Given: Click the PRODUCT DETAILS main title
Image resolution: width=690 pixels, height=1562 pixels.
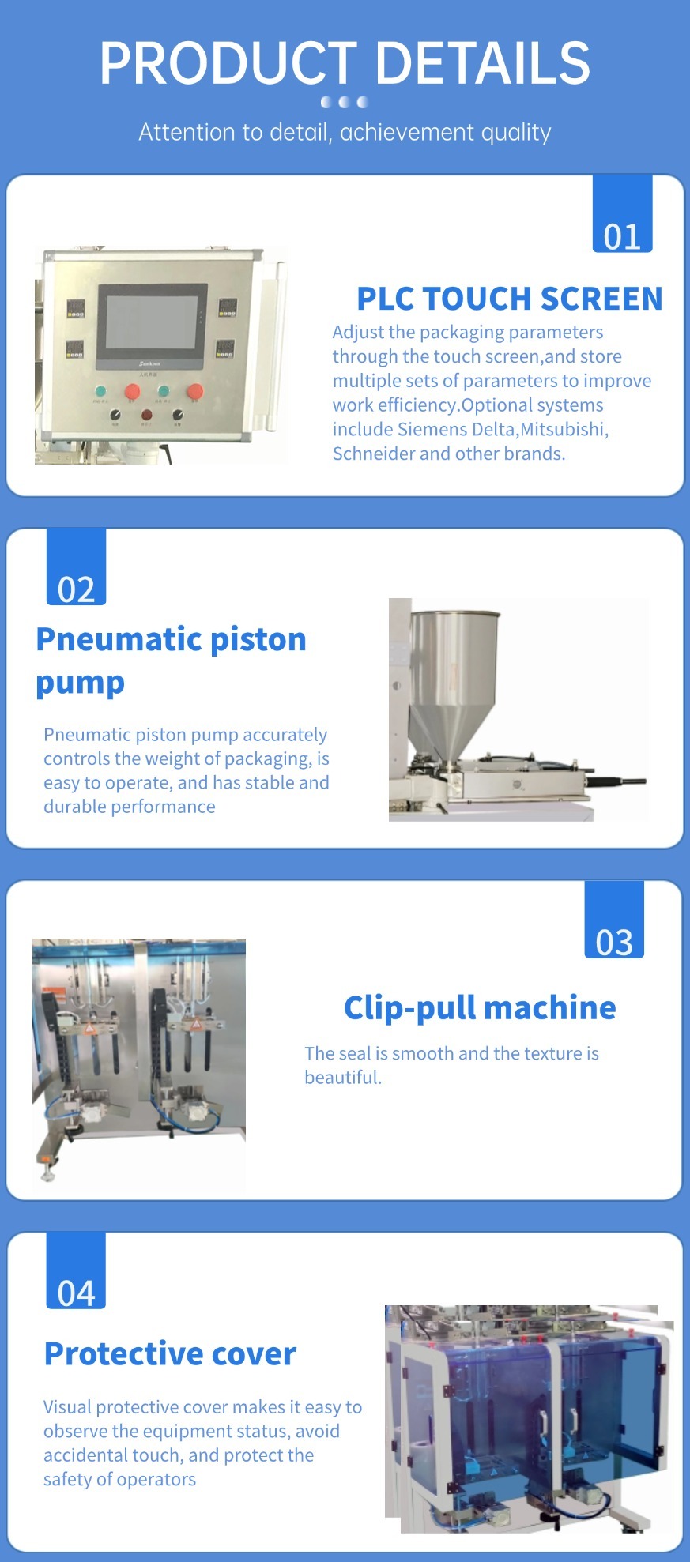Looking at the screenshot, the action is [345, 63].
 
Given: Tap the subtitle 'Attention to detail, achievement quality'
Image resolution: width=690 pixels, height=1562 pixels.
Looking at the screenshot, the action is [345, 132].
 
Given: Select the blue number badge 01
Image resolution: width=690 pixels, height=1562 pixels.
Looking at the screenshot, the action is [622, 213].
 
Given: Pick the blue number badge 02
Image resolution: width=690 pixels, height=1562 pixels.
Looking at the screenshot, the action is [76, 566].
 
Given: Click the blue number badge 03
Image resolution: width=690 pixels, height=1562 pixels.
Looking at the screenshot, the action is [614, 920].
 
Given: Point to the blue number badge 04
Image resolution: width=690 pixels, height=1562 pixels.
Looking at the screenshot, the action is [76, 1270].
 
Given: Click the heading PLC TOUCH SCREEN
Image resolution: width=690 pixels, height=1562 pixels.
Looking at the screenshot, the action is [510, 299].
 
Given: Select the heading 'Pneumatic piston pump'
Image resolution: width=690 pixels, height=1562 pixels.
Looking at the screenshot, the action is [171, 660].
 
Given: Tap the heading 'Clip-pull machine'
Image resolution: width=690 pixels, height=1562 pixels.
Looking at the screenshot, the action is [480, 1007].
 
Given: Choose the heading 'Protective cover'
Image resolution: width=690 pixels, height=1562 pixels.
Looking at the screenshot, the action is [170, 1353].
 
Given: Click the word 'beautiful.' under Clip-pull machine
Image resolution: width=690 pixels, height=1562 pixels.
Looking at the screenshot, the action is [343, 1077].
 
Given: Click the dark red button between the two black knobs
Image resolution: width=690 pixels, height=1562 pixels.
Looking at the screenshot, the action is [146, 414].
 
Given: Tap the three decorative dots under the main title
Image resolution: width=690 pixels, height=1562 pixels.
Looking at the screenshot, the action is [345, 102].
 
